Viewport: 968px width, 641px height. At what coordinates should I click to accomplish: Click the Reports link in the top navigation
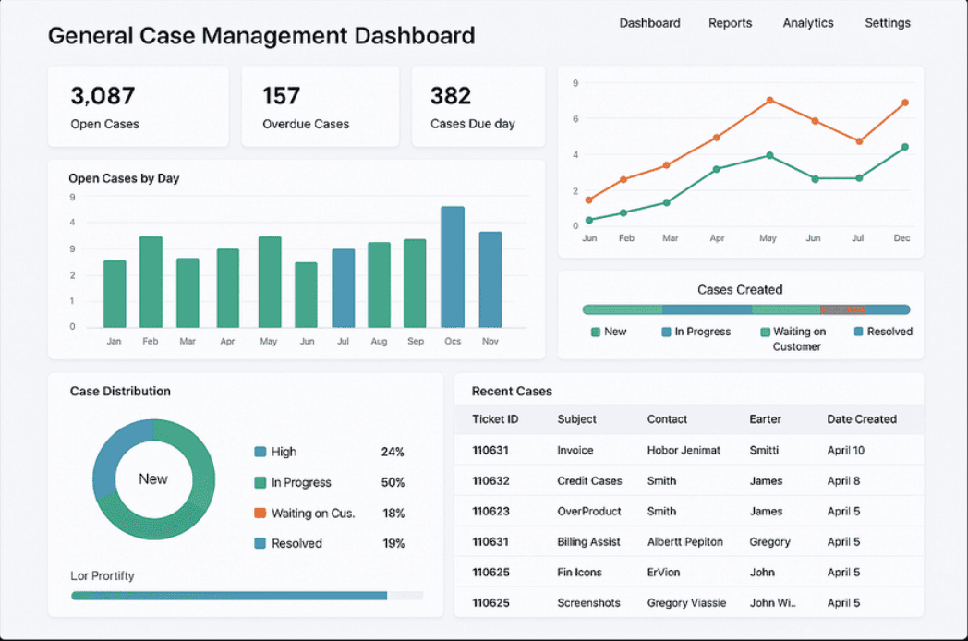point(730,23)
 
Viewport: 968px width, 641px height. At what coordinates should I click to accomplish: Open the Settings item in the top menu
point(887,23)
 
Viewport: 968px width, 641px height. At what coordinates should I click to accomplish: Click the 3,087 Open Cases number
point(103,96)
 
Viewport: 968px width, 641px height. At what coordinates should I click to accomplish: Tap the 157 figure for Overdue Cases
point(281,96)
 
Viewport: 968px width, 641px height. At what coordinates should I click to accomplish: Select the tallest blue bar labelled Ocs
point(453,267)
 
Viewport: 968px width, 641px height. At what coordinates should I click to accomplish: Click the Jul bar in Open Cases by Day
point(344,288)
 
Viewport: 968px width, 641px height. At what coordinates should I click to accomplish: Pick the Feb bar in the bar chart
point(151,282)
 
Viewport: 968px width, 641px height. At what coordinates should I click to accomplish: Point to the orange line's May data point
point(769,100)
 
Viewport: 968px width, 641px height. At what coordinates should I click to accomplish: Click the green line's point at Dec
point(905,147)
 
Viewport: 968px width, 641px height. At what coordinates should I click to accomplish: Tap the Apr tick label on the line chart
point(717,237)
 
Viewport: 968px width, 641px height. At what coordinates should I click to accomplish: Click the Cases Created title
point(740,290)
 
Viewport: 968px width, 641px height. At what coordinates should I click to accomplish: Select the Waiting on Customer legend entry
point(793,339)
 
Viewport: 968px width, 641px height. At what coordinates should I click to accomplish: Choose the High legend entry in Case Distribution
point(275,452)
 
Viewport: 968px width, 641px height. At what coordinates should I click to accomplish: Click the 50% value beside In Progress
point(393,482)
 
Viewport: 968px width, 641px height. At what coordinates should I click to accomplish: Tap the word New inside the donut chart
point(153,478)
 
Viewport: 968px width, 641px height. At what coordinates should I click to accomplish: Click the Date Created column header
point(862,418)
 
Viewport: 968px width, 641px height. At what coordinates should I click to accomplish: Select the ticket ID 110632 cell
point(490,480)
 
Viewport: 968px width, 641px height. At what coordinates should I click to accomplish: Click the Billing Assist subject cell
point(588,541)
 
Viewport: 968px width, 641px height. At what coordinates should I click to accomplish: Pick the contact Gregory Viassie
point(686,603)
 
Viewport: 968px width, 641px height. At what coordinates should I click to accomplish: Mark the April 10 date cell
point(846,450)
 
